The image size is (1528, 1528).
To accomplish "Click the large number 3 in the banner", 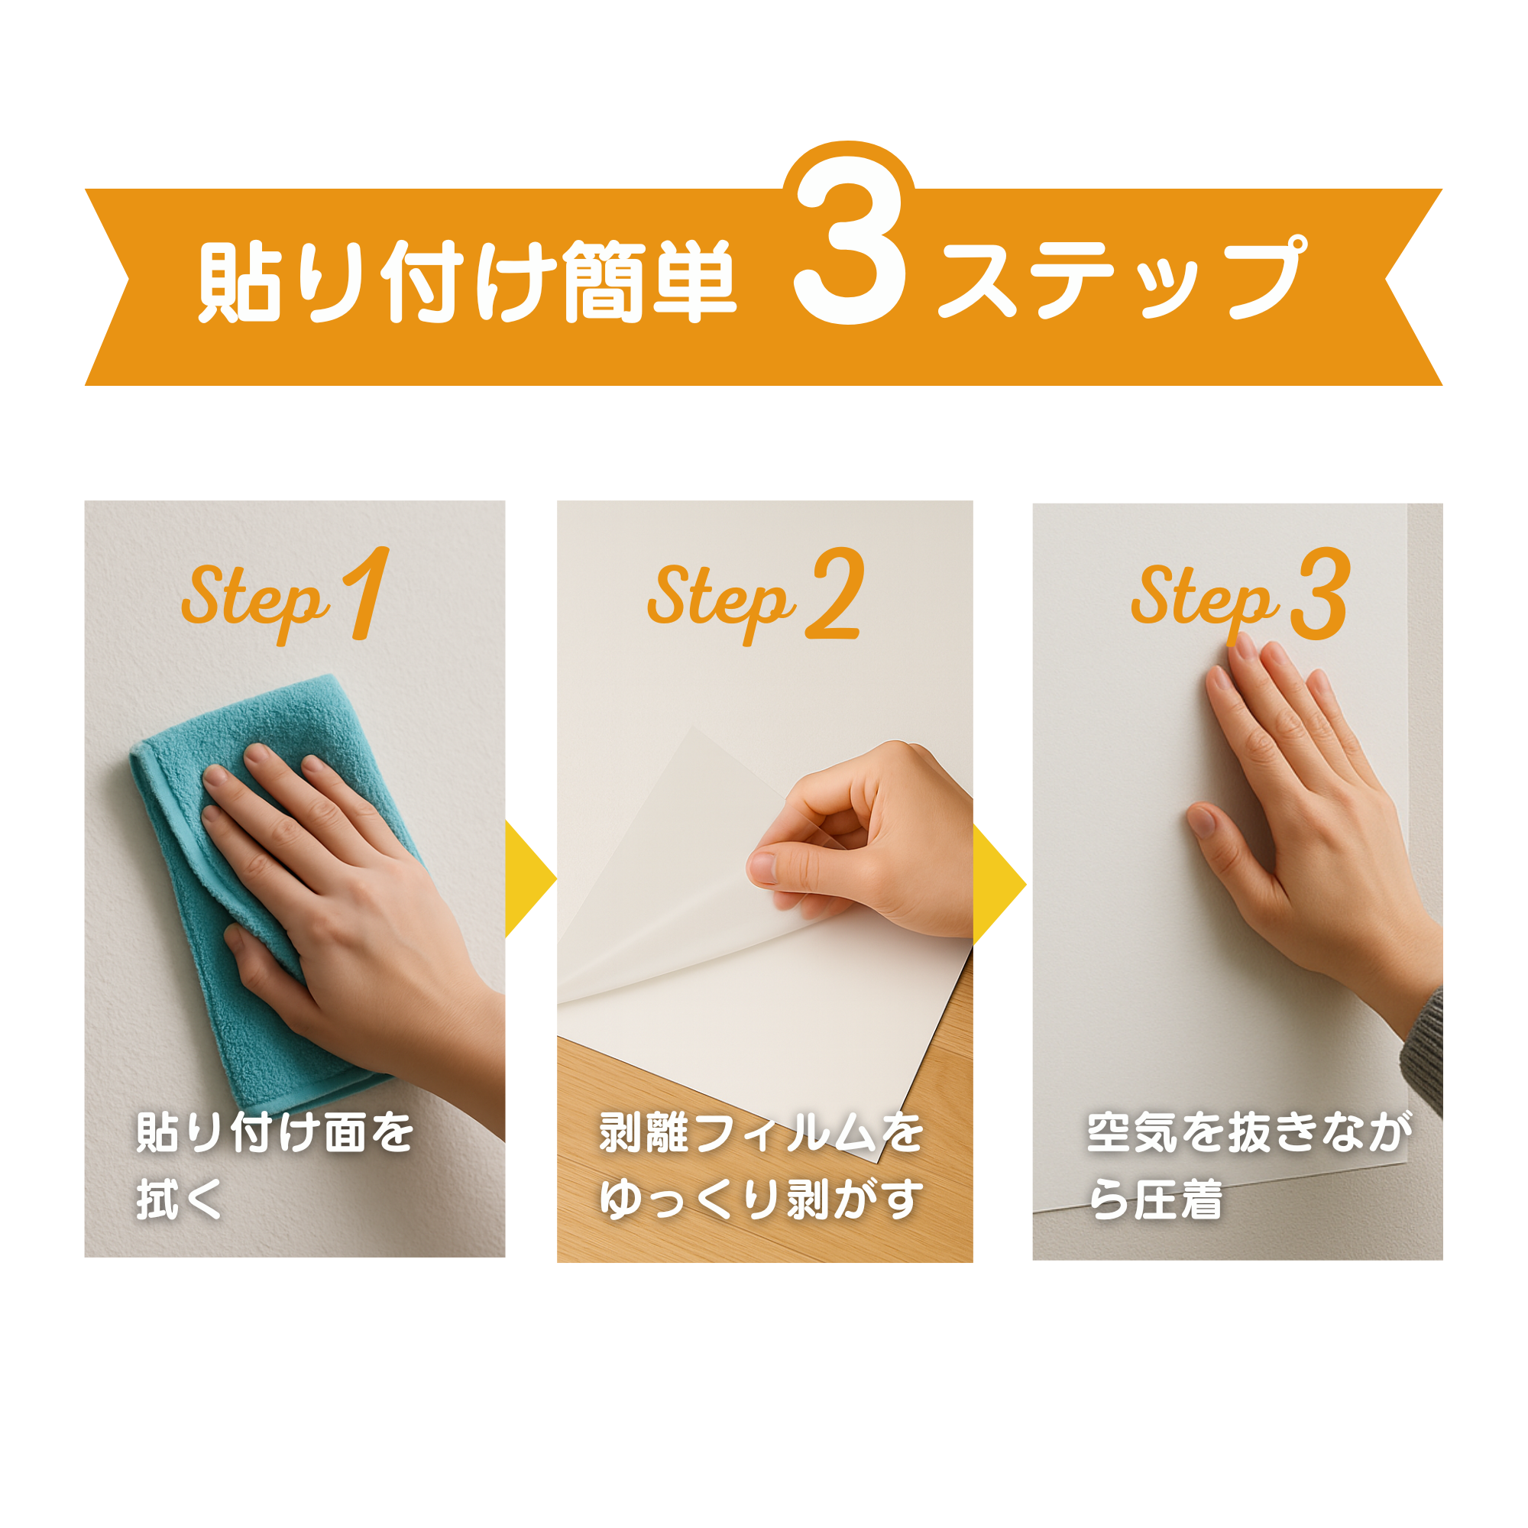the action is [850, 241].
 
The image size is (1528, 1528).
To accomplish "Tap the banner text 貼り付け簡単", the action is [468, 282].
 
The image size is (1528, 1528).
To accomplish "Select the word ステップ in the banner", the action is [1122, 277].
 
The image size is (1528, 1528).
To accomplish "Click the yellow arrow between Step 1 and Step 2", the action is [531, 879].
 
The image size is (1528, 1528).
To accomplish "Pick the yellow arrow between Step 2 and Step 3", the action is [999, 883].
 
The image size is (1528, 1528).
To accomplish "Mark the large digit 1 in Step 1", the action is [366, 592].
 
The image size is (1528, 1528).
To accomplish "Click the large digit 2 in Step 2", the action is [835, 592].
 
